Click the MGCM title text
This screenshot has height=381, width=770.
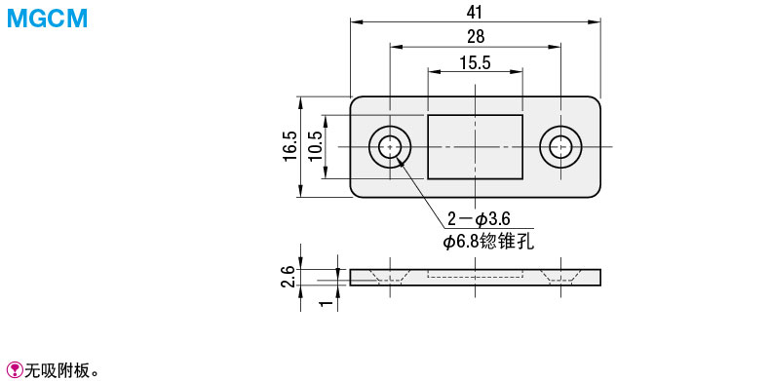[x=47, y=19]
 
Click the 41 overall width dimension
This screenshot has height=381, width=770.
[x=475, y=13]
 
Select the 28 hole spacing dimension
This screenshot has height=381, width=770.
[x=476, y=37]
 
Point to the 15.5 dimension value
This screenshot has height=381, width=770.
[x=475, y=62]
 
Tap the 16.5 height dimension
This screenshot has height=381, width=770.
[x=289, y=146]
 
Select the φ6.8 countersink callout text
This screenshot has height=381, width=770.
[x=488, y=242]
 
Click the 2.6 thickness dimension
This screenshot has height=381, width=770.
[x=289, y=277]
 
